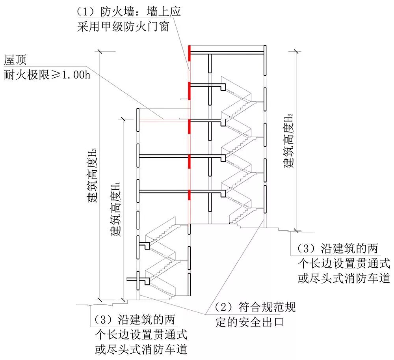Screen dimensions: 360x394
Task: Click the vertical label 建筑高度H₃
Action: [92, 175]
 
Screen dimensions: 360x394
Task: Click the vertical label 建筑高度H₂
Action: [290, 140]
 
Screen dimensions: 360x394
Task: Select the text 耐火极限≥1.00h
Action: [47, 74]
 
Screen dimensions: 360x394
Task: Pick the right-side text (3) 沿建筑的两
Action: [337, 248]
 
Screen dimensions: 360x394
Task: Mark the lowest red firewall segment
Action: [190, 197]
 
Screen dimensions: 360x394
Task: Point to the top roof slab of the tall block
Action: [227, 52]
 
